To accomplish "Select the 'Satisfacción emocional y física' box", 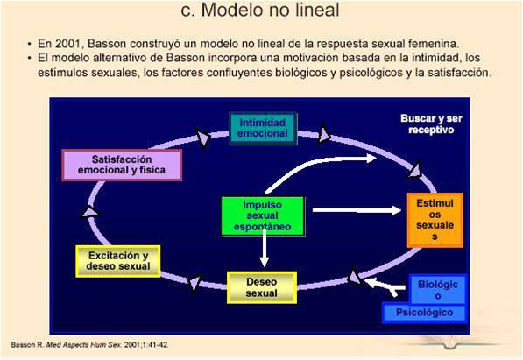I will tap(122, 165).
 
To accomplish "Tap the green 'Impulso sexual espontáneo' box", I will tap(263, 215).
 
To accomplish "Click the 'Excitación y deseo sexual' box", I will tap(119, 260).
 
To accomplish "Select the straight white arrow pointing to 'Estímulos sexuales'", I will tap(355, 210).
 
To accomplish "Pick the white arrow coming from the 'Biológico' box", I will tap(386, 284).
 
